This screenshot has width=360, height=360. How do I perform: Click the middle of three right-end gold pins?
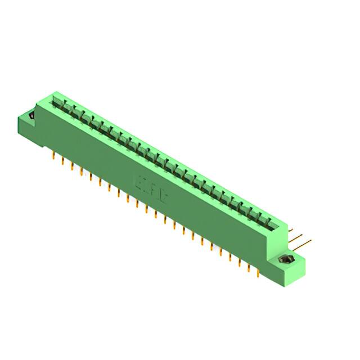[x=298, y=237]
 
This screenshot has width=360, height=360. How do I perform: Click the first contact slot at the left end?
[x=56, y=101]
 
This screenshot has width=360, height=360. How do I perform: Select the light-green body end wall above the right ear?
[x=285, y=234]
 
